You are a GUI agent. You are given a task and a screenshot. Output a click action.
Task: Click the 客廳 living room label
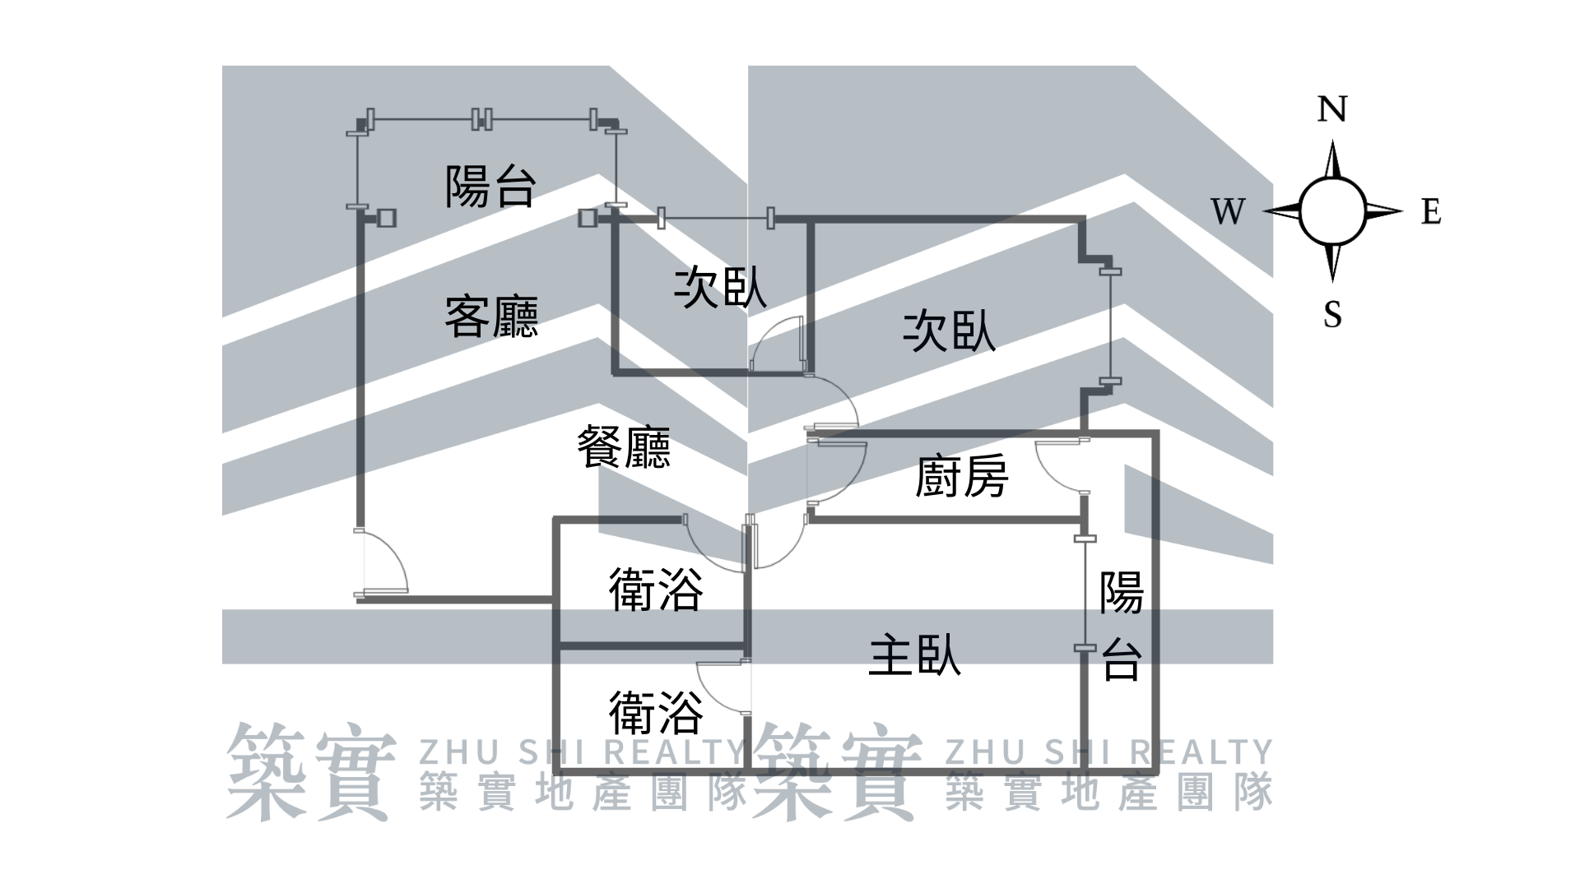point(491,317)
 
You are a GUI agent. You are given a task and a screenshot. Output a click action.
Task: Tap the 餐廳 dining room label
point(624,447)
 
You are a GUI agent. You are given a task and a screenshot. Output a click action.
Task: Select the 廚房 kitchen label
point(961,477)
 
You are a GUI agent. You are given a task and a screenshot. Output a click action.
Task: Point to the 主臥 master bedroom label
point(914,655)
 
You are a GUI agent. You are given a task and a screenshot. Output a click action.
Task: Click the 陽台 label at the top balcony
point(490,186)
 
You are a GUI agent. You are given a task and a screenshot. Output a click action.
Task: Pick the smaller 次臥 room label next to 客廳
point(720,288)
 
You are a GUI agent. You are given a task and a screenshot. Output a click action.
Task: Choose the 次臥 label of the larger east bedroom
point(949,331)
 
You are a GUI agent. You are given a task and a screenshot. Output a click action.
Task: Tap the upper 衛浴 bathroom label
point(656,590)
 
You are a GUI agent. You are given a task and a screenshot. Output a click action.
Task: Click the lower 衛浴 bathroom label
point(656,712)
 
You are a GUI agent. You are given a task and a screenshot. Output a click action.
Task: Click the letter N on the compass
point(1332,109)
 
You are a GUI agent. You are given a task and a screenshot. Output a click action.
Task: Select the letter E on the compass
point(1431,212)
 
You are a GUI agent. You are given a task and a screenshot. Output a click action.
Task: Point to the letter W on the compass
point(1228,212)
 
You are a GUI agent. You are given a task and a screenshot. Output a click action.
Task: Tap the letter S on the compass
point(1332,314)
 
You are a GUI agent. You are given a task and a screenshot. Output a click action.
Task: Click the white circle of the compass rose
point(1332,211)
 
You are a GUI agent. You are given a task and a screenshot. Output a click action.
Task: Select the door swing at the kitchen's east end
point(1060,465)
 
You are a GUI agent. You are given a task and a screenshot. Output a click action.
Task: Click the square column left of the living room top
point(386,218)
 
